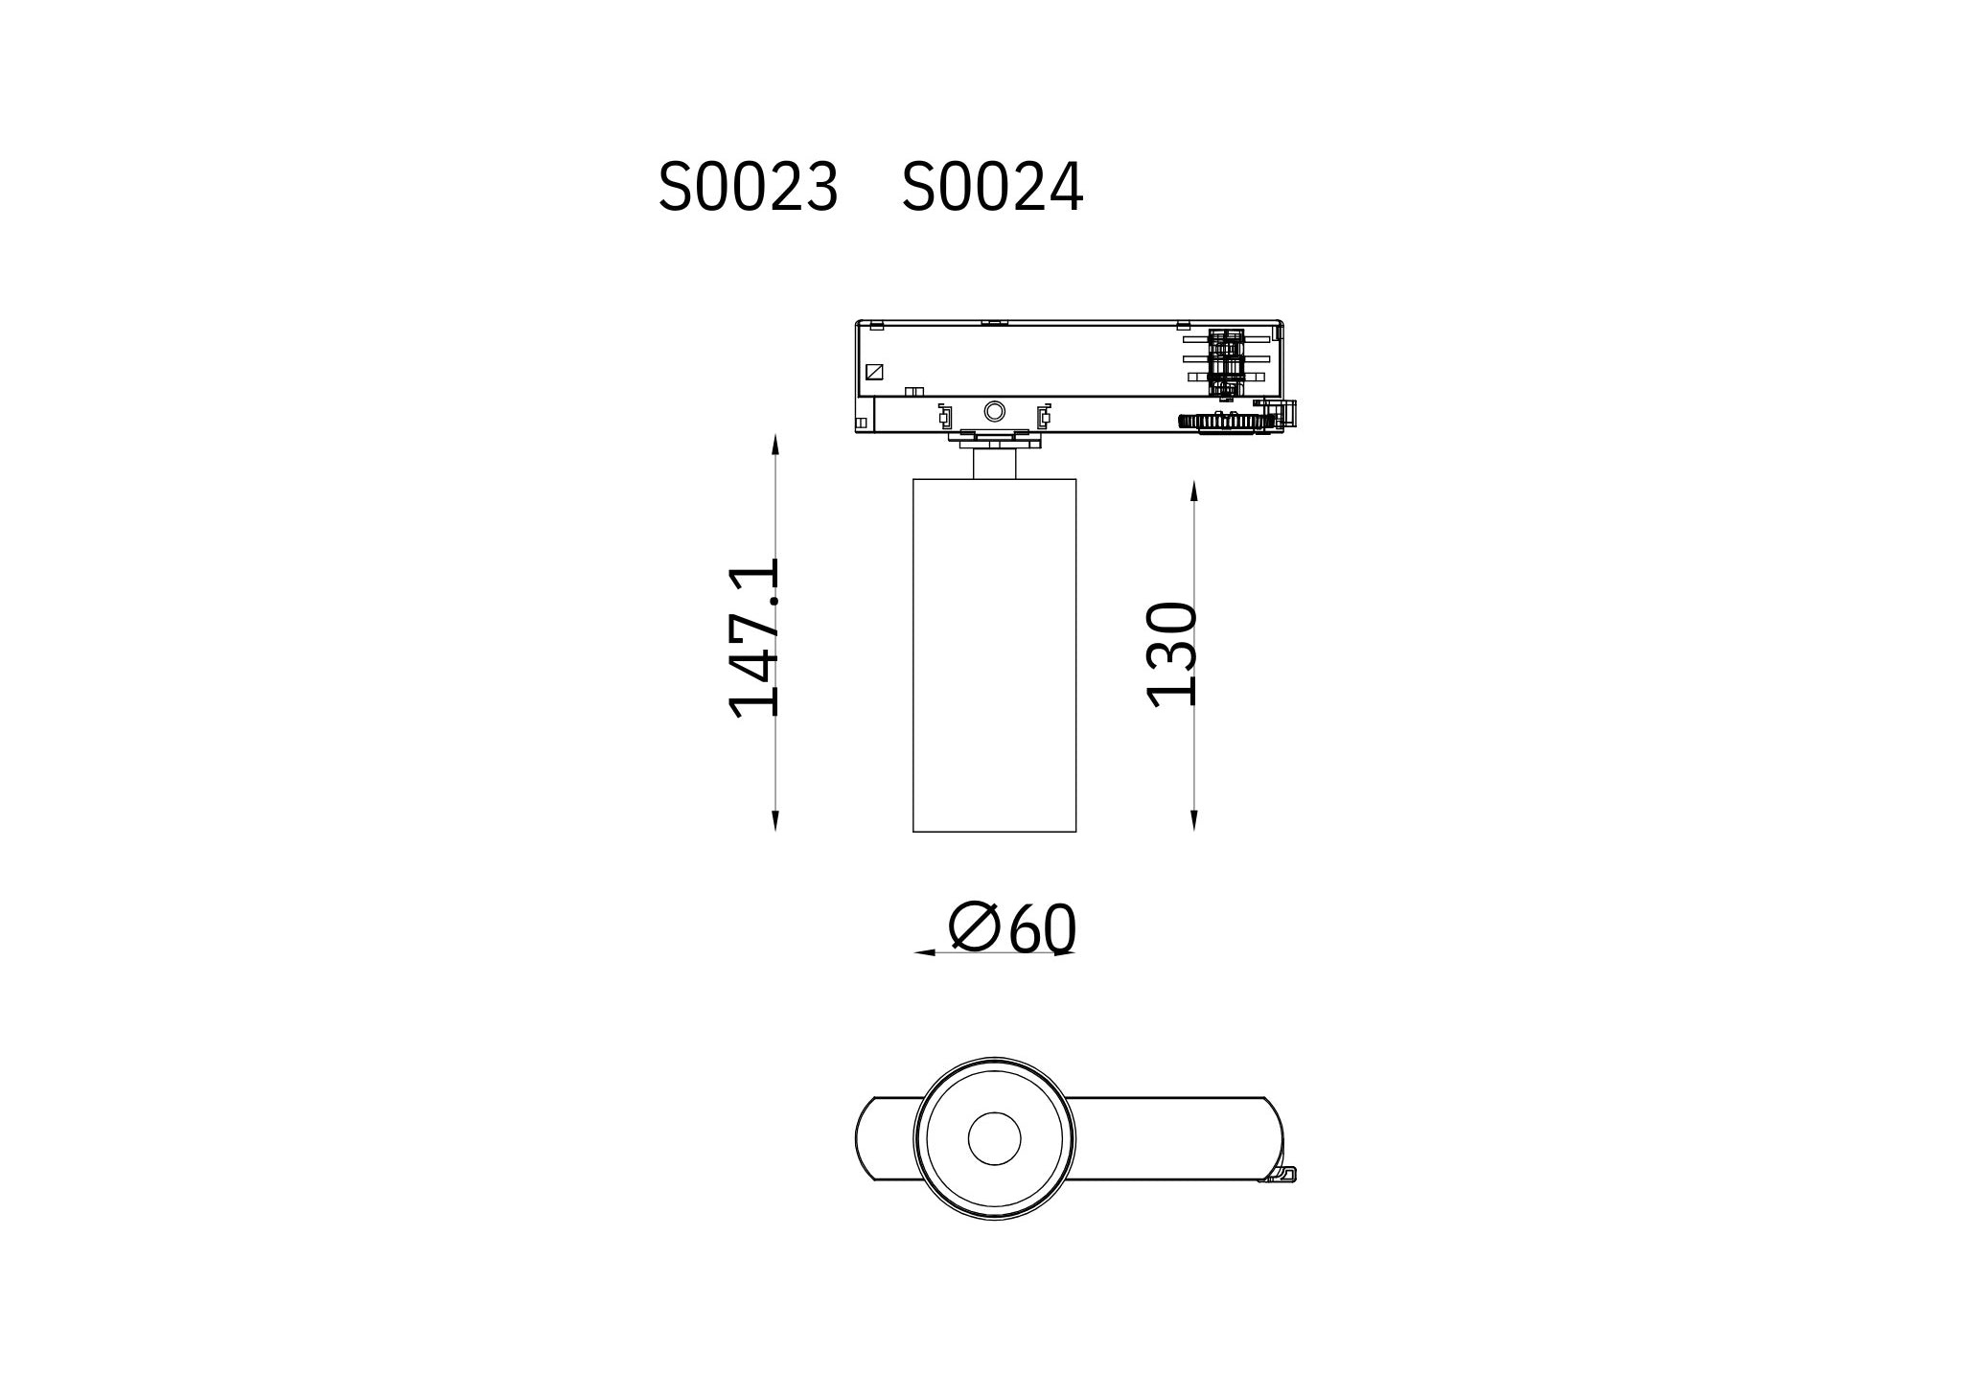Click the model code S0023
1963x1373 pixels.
tap(748, 187)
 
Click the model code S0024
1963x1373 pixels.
tap(992, 187)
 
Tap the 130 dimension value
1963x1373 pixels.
tap(1172, 654)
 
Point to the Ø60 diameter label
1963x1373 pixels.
tap(1013, 927)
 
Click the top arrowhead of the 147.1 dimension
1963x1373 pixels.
tap(775, 444)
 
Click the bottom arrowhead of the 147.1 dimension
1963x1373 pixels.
tap(775, 820)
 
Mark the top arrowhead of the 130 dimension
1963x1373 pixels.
tap(1194, 491)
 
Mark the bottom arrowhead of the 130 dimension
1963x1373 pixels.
tap(1194, 820)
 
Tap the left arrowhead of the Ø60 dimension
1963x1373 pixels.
tap(925, 952)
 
